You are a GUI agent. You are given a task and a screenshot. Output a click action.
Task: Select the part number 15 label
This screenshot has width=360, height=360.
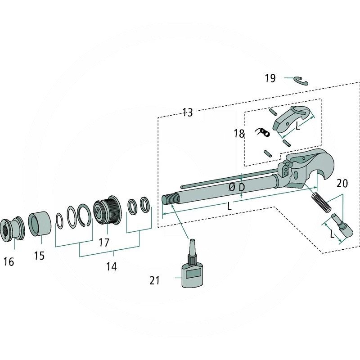(39, 256)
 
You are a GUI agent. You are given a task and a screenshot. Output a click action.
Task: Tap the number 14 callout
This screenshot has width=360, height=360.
(111, 266)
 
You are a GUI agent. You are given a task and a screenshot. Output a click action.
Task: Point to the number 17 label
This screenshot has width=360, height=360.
(104, 243)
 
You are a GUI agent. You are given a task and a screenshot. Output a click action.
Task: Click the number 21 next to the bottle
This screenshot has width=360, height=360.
(155, 281)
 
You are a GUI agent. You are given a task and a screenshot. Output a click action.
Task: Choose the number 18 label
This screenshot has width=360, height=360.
(239, 134)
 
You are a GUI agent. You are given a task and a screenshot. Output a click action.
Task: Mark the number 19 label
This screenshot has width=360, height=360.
(270, 78)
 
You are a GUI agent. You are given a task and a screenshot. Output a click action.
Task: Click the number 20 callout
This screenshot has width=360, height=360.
(342, 183)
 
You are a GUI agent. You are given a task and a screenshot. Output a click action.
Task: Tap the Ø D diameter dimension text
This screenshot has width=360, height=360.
(237, 187)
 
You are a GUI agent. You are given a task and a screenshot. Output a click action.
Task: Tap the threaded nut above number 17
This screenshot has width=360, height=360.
(107, 211)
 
